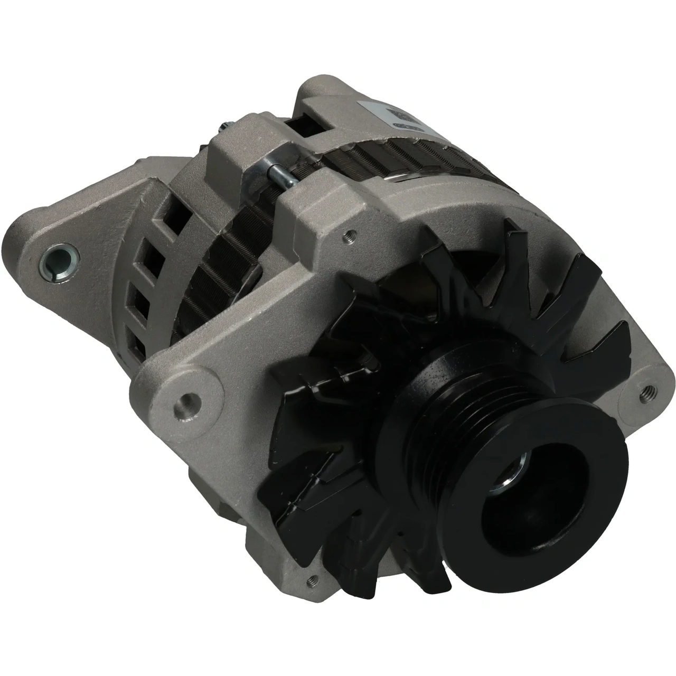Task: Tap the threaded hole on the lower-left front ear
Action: tap(184, 403)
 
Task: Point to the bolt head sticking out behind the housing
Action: tap(221, 128)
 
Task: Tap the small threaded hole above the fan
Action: tap(347, 232)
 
